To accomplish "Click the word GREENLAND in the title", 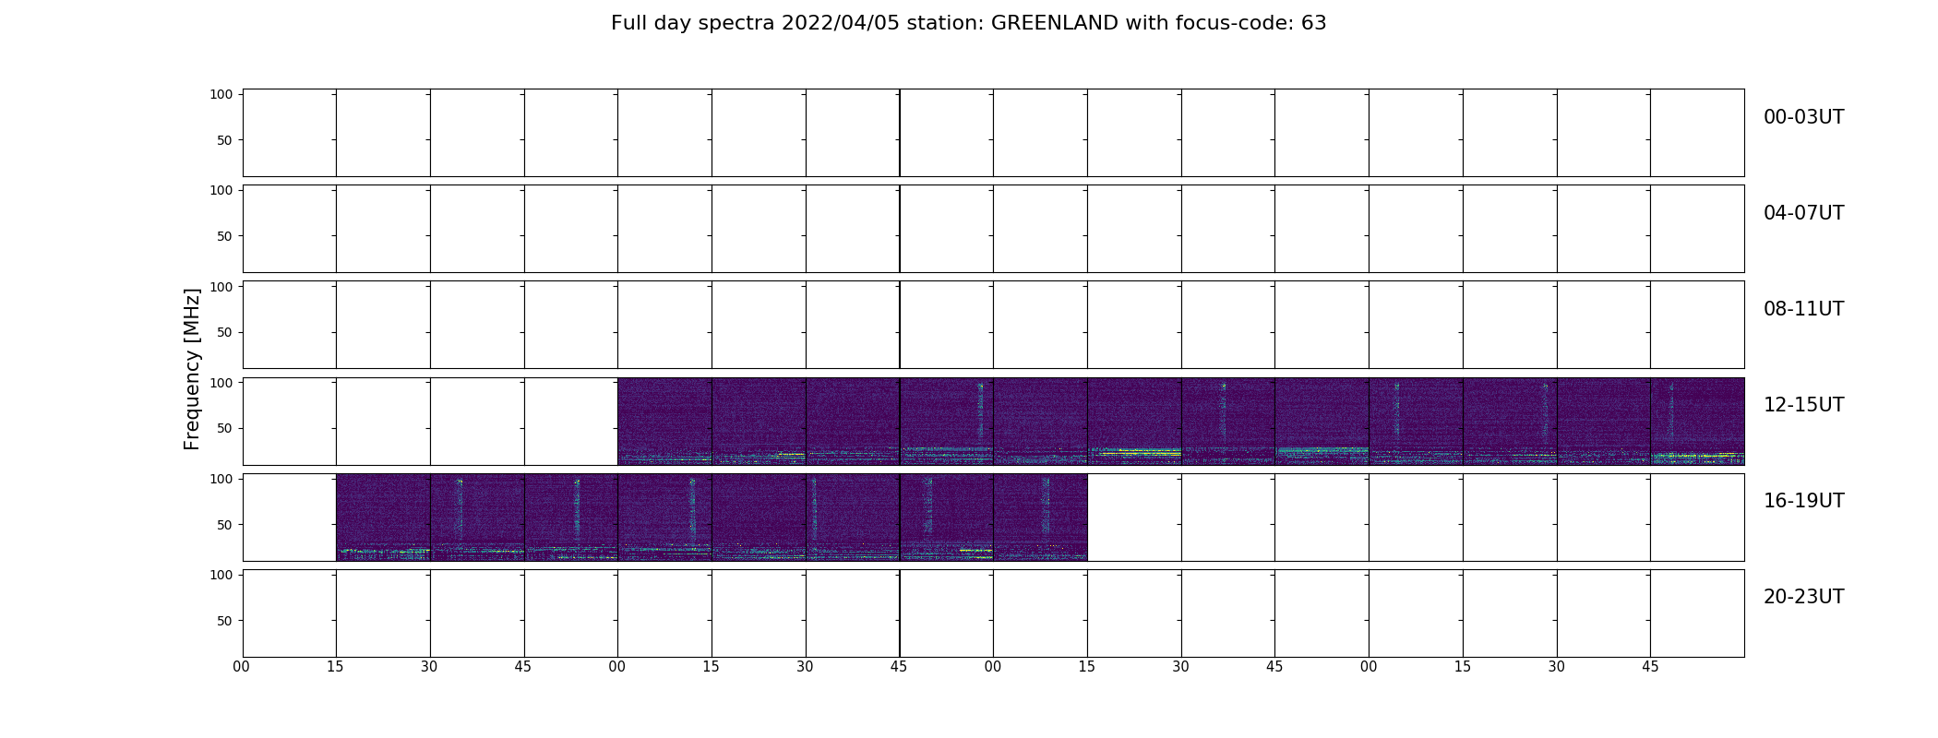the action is point(1055,23).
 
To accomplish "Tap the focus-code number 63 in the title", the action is point(1314,23).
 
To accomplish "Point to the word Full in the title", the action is point(628,23).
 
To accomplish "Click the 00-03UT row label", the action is point(1804,117).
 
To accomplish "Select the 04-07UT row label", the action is point(1804,213).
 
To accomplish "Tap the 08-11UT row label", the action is point(1804,309).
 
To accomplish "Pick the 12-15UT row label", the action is point(1804,405).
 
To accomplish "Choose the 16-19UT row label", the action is point(1804,501).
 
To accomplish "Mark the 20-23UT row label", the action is point(1804,597).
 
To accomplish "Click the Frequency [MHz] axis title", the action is point(192,369).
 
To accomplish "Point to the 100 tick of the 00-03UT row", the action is point(221,94).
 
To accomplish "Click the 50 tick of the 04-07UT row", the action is point(225,236).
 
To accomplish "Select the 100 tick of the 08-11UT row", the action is point(221,286).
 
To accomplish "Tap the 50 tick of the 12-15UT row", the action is point(225,428).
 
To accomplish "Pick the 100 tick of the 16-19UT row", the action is point(221,478).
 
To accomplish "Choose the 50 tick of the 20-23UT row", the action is point(225,620).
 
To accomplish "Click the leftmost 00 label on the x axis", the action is point(242,667).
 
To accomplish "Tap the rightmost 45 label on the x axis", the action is point(1650,667).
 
